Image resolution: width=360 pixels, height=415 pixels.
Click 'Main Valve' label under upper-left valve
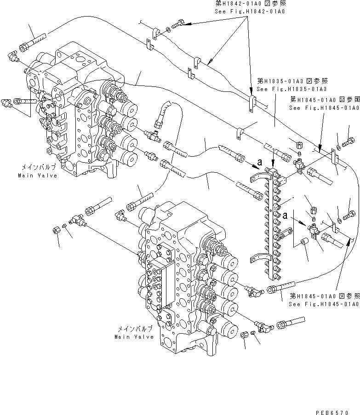(x=38, y=176)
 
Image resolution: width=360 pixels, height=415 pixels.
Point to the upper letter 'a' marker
(x=261, y=162)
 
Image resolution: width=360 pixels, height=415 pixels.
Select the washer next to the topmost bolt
(x=168, y=30)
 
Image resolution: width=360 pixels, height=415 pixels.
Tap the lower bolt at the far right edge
(x=349, y=214)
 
